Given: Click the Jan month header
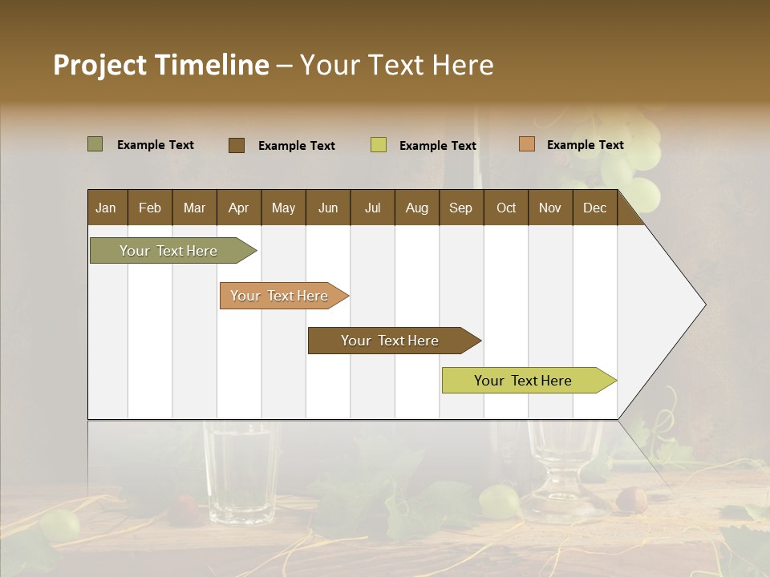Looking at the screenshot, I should pos(106,208).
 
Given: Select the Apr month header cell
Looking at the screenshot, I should pos(239,208).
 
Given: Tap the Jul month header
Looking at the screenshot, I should pos(372,208).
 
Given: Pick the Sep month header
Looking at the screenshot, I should pos(460,208).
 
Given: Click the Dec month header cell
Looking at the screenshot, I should pos(594,208).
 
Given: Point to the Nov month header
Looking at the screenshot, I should pos(549,208).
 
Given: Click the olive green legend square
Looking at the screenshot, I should pos(95,144).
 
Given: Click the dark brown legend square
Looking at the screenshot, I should pos(236,145).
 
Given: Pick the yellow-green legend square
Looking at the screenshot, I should pos(378,145).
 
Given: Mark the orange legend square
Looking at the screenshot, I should pos(526,144).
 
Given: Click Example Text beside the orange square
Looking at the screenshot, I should pos(585,144).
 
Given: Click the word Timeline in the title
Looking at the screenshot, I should pos(211,65).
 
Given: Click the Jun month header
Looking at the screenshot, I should pos(328,208).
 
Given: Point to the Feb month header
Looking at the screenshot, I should pos(150,208).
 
